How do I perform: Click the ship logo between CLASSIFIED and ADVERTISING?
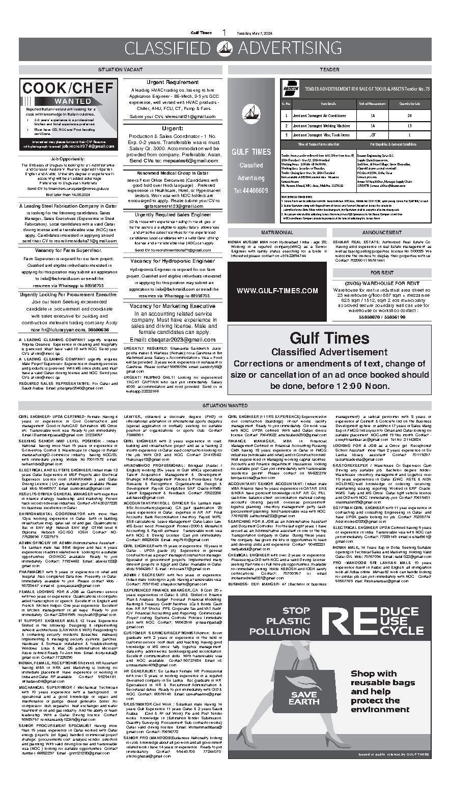[x=225, y=48]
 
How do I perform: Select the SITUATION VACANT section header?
[x=121, y=69]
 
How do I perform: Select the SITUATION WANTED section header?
[x=225, y=406]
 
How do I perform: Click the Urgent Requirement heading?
[x=173, y=82]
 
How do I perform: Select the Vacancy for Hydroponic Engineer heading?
[x=173, y=261]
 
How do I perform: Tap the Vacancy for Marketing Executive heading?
[x=173, y=306]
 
